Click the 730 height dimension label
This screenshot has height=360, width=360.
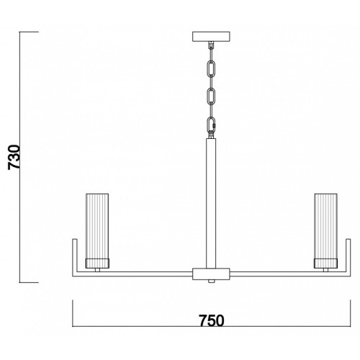pos(14,157)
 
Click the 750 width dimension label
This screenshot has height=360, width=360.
pos(212,320)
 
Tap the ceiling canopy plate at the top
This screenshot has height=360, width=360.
pos(211,37)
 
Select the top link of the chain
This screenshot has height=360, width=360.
pos(211,68)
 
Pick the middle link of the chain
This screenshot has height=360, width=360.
pos(211,96)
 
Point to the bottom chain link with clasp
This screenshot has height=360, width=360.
pos(211,124)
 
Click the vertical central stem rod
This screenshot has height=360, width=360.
pos(211,203)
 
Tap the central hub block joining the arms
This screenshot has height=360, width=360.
pos(211,274)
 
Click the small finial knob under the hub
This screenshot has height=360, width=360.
pos(211,282)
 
